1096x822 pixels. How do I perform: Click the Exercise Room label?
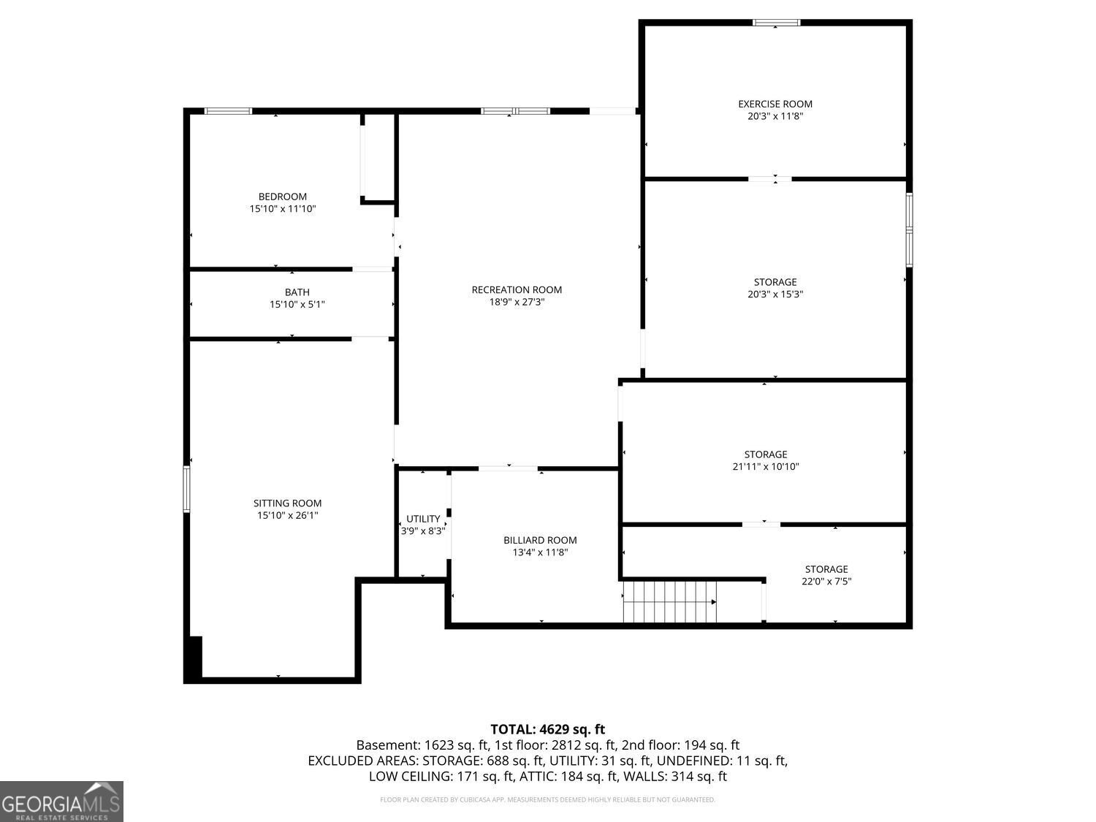[775, 104]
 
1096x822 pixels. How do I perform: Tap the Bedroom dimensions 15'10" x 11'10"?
[283, 209]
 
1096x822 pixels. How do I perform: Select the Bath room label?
[297, 292]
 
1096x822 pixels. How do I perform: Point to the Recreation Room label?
[517, 290]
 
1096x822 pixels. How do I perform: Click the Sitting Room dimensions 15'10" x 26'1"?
[287, 515]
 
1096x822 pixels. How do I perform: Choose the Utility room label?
[423, 519]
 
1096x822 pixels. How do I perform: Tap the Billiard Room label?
[540, 540]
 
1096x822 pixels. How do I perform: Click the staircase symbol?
[669, 601]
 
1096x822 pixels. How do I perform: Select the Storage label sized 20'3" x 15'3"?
[775, 282]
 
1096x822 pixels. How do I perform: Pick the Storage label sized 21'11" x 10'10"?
[766, 454]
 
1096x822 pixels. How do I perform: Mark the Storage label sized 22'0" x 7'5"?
[826, 569]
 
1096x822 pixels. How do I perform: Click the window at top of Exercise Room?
[777, 23]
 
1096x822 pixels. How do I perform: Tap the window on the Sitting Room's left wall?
[187, 490]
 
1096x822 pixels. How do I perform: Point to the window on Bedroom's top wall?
[228, 111]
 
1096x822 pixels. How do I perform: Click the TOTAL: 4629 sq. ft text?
[547, 728]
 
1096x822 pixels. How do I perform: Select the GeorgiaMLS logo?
[61, 802]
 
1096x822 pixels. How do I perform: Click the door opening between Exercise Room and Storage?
[770, 178]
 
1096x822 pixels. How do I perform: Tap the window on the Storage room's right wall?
[909, 229]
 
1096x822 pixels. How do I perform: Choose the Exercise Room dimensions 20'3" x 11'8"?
[775, 116]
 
